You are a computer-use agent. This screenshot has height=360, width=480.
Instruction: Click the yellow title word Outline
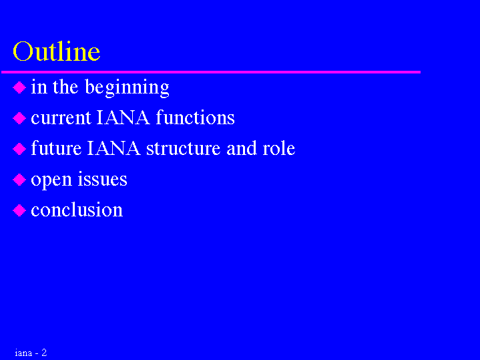[56, 51]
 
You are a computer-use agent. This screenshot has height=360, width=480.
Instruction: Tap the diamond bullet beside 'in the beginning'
[19, 87]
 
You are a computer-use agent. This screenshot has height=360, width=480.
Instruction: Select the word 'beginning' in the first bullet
[127, 88]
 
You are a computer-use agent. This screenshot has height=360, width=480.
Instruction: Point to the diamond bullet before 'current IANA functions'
[19, 118]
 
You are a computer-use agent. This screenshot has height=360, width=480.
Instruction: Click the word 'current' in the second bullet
[61, 118]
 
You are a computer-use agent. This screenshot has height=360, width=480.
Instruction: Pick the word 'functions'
[196, 118]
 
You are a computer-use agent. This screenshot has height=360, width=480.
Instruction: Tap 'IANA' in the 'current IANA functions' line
[123, 118]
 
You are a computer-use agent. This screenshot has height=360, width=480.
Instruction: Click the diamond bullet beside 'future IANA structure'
[19, 149]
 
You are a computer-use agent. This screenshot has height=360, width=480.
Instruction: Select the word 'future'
[56, 148]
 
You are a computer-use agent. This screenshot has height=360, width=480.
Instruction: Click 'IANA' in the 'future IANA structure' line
[113, 148]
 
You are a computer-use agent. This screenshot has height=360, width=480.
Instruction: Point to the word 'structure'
[184, 149]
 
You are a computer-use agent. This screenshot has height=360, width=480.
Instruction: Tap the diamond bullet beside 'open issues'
[19, 180]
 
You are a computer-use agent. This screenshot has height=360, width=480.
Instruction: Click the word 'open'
[51, 181]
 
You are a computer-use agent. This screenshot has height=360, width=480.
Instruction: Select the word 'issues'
[102, 179]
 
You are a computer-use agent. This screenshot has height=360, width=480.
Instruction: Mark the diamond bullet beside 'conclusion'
[19, 210]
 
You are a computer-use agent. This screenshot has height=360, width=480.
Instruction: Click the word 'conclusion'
[77, 210]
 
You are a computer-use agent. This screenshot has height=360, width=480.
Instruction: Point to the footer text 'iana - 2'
[31, 353]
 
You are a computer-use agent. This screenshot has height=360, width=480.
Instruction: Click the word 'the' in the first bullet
[65, 87]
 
